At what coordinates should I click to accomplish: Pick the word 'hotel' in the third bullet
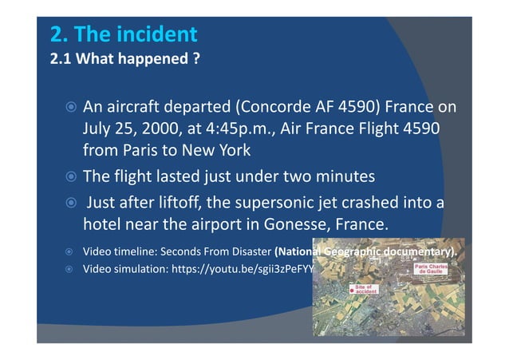tap(101, 223)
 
